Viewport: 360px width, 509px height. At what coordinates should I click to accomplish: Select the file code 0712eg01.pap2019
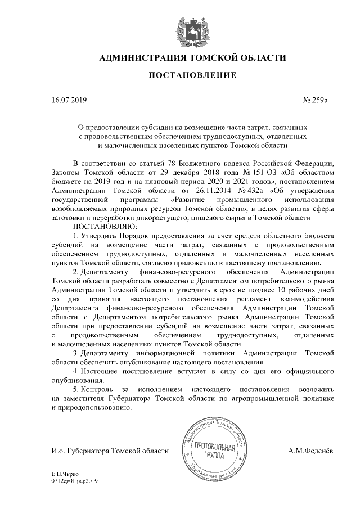pos(74,483)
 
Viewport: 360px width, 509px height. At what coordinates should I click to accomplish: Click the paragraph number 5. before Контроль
pos(76,389)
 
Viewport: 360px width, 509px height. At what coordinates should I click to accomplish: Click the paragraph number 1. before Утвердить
pos(76,235)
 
